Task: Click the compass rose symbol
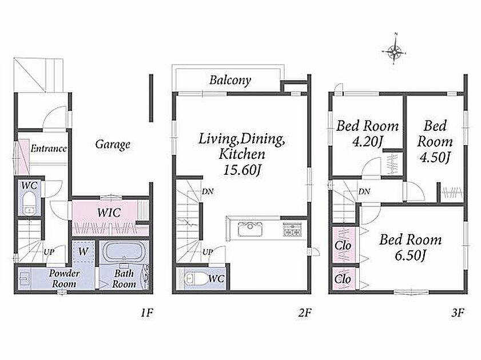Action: (x=394, y=50)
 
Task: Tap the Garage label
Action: (x=113, y=145)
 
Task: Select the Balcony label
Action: (x=230, y=80)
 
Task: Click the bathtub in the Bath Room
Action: (x=124, y=251)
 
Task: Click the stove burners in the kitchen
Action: (x=292, y=229)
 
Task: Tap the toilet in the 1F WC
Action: (x=30, y=202)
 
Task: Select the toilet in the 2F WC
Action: (x=194, y=279)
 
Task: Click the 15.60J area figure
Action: (x=242, y=170)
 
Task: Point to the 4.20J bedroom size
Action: (x=368, y=142)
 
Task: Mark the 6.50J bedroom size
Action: (x=411, y=255)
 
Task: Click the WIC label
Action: (x=109, y=213)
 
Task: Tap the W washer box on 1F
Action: (x=83, y=251)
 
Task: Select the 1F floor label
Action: (x=146, y=313)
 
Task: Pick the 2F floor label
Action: (x=305, y=313)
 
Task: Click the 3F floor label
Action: (x=457, y=313)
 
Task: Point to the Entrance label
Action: (x=49, y=149)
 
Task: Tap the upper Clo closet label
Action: (x=343, y=245)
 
